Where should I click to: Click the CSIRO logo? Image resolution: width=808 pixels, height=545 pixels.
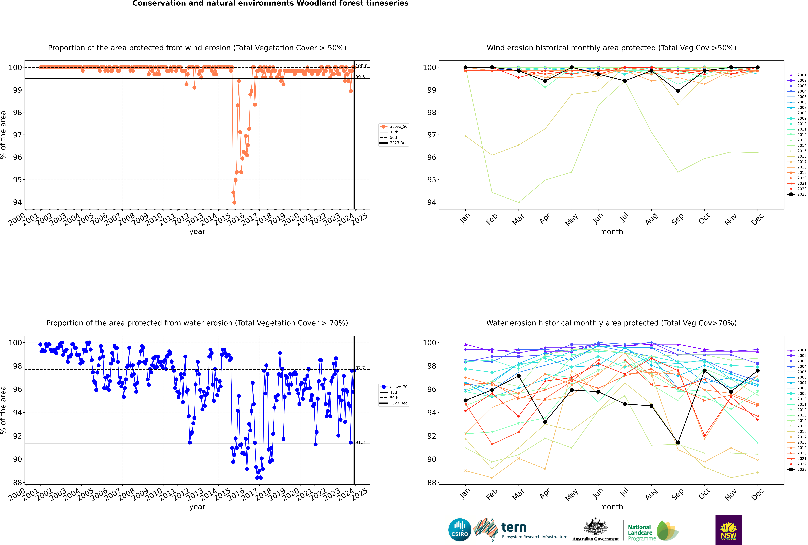[460, 530]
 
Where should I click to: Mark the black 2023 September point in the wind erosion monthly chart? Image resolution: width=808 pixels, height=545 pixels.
[678, 91]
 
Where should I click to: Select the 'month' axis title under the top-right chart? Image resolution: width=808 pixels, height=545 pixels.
[611, 232]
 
